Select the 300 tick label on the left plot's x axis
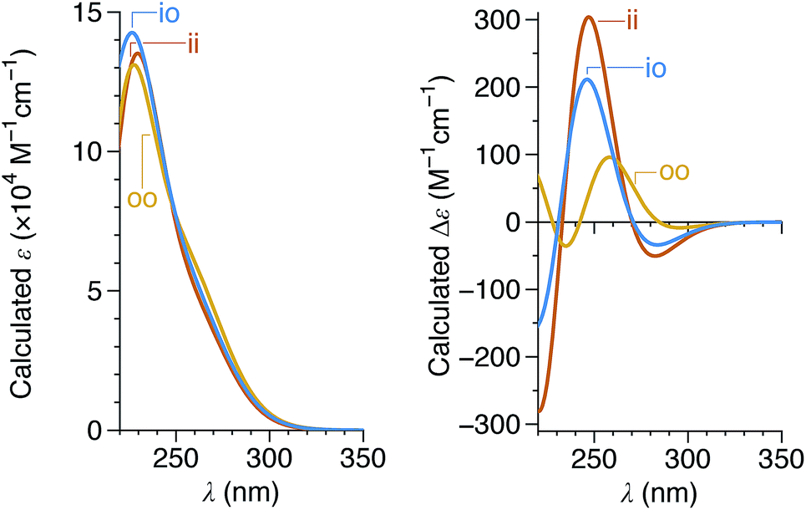[269, 459]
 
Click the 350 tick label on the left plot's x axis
[362, 459]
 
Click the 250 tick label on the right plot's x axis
[594, 459]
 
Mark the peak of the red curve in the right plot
[589, 17]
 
